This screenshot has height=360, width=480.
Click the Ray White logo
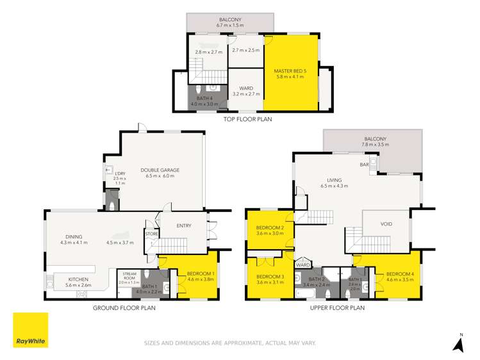coord(30,330)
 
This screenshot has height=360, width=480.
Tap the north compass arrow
coord(458,344)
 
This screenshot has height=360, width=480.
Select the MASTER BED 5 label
coord(292,71)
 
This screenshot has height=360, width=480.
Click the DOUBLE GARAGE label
coord(160,170)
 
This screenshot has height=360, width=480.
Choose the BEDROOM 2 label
coord(270,228)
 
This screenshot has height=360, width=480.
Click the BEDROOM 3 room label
coord(270,276)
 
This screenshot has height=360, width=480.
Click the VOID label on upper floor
coord(386,224)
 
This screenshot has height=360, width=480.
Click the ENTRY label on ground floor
coord(184,225)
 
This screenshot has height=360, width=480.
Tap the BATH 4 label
coord(204,98)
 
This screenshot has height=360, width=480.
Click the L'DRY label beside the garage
coord(120,174)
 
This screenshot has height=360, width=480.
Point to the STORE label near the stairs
coord(151,234)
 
